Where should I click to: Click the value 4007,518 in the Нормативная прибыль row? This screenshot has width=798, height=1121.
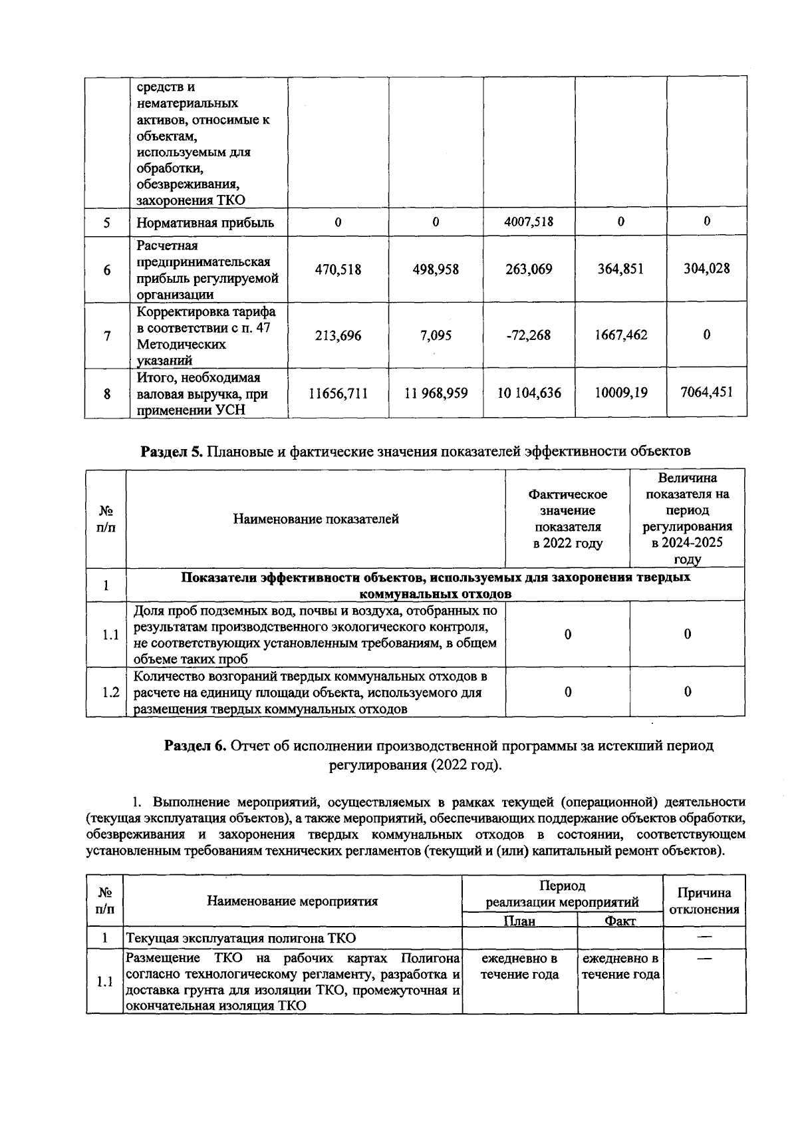529,222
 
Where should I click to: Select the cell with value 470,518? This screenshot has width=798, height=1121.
338,269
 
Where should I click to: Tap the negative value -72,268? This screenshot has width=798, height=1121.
529,335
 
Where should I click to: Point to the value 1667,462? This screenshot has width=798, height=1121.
620,335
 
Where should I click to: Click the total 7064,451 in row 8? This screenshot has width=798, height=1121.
706,392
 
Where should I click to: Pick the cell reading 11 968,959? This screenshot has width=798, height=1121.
436,393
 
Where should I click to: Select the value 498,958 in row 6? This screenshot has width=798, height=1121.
436,269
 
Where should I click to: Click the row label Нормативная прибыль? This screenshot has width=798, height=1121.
205,223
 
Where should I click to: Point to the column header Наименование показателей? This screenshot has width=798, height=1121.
316,519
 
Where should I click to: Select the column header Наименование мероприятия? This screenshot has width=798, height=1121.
293,901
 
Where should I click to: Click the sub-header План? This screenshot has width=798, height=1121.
519,921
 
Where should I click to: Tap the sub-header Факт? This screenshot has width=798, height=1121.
620,921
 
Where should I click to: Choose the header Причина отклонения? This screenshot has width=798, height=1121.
704,901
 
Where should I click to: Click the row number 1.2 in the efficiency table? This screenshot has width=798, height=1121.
111,693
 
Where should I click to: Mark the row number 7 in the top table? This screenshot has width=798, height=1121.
107,336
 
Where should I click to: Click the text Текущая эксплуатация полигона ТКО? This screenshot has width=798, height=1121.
241,938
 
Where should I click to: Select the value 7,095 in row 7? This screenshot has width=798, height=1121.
436,335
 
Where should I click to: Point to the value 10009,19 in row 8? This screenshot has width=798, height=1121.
620,393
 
